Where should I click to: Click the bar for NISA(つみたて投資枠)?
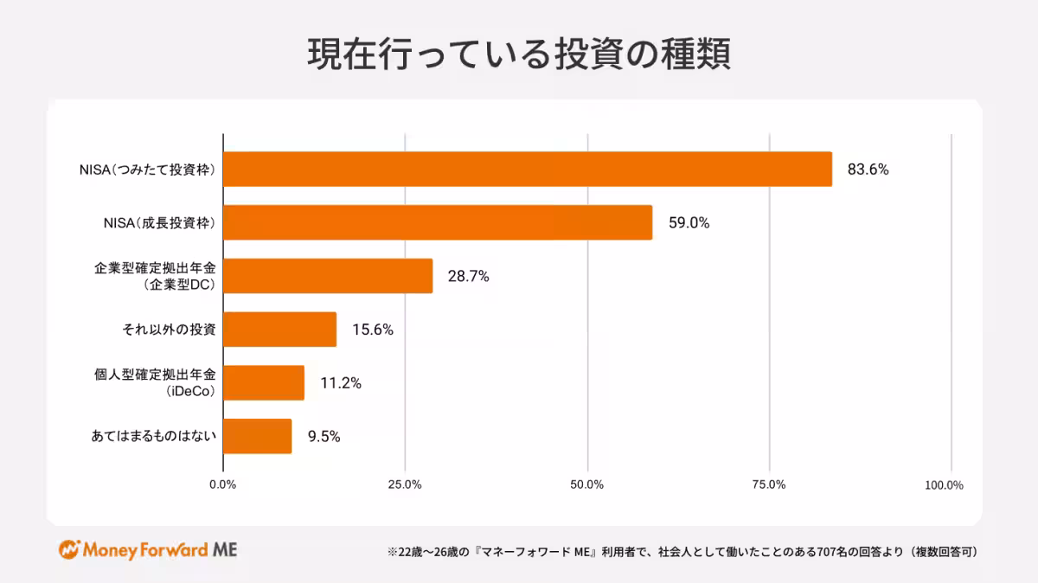[x=528, y=170]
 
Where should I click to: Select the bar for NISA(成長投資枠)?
[x=438, y=222]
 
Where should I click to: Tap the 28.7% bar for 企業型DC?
[x=328, y=276]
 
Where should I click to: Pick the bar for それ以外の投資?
[x=279, y=330]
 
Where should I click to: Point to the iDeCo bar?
[x=264, y=382]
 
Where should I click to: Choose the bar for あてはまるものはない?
[x=257, y=436]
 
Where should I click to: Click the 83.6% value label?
[x=868, y=170]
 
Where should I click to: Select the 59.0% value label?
[x=689, y=223]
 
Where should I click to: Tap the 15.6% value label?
[x=373, y=330]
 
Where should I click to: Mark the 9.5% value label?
[x=324, y=437]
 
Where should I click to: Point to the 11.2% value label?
[x=340, y=383]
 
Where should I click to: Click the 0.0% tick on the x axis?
[x=222, y=484]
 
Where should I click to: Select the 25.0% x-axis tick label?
[x=404, y=484]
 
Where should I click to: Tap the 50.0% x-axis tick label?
[x=586, y=484]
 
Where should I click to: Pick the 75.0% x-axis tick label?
[x=768, y=484]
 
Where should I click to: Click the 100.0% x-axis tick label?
[x=944, y=484]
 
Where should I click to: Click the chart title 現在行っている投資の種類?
[x=519, y=54]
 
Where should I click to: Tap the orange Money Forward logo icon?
[x=69, y=550]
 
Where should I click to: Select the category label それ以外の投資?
[x=170, y=330]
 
